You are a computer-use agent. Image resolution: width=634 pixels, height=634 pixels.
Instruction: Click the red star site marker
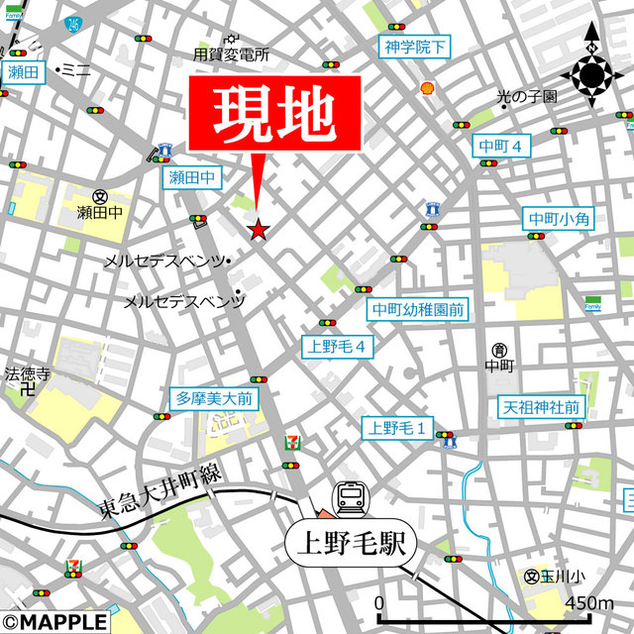click(x=258, y=231)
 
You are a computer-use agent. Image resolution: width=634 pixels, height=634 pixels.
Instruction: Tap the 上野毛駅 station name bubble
click(x=353, y=543)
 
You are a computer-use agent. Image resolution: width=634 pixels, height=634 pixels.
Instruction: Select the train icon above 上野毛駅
click(x=351, y=498)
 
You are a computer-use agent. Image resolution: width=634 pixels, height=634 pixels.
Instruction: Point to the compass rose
click(x=591, y=73)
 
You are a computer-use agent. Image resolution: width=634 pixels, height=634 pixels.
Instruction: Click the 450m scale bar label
click(x=588, y=603)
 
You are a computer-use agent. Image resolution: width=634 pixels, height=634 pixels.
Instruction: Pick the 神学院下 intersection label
click(x=415, y=46)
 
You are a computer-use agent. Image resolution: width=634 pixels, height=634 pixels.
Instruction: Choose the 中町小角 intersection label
click(x=559, y=219)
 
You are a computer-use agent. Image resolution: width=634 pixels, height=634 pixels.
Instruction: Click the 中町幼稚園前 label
click(x=417, y=310)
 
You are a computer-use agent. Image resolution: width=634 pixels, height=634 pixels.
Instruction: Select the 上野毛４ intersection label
click(x=338, y=347)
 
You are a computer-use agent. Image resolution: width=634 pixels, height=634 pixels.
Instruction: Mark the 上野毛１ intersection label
click(x=397, y=428)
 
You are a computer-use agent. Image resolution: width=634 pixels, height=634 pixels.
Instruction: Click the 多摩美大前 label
click(x=214, y=399)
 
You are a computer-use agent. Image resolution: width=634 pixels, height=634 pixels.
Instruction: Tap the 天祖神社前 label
click(x=540, y=407)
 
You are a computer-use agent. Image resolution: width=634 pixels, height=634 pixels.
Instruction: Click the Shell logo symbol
click(x=428, y=87)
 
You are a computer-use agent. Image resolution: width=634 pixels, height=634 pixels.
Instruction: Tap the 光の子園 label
click(x=527, y=97)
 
